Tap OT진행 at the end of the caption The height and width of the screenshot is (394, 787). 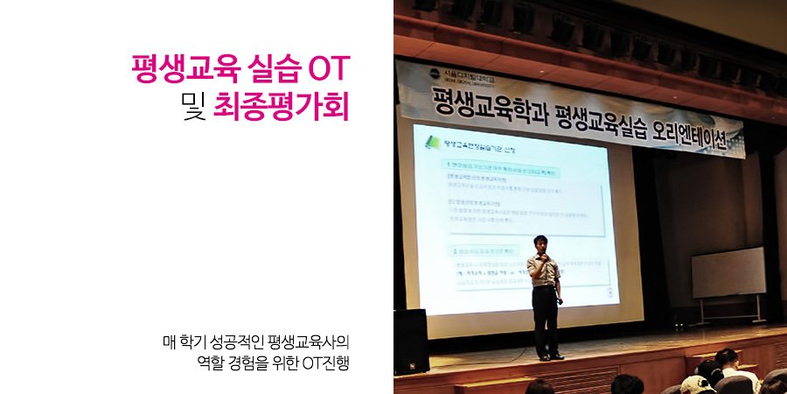point(324,361)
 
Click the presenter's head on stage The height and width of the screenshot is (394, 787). point(541,245)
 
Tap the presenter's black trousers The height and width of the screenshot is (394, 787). point(547,320)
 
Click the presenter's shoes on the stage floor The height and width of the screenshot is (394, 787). point(550,356)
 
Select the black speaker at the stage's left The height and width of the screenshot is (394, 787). point(410,341)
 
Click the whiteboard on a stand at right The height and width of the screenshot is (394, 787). point(728,272)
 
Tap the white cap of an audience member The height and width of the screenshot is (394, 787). point(694,383)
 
